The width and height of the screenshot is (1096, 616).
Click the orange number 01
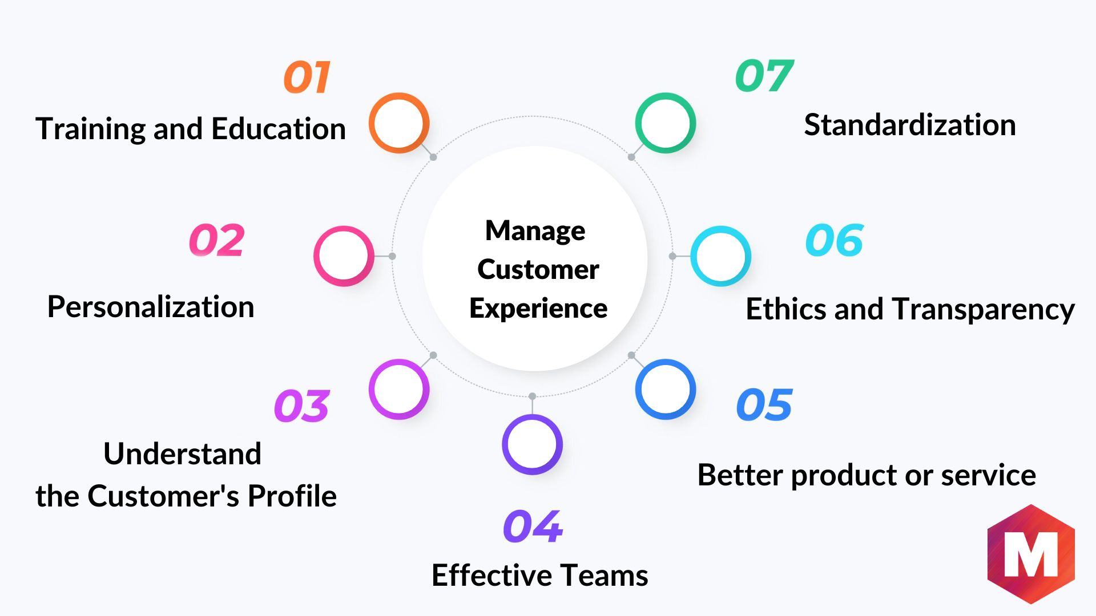coord(307,77)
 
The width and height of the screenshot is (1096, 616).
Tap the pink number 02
coord(217,240)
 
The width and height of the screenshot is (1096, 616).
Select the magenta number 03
coord(302,406)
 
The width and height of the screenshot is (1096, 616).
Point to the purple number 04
coord(533,526)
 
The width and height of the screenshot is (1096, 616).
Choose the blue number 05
coord(765,405)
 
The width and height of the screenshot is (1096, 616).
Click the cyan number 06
coord(835,240)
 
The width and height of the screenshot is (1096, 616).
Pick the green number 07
coord(765,76)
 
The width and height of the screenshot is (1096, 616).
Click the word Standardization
coord(910,125)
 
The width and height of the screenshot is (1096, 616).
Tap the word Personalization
coord(151,307)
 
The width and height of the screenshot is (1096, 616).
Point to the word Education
coord(279,128)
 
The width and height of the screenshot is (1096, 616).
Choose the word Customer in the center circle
coord(538,269)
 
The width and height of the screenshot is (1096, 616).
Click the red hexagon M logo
coord(1031,554)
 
